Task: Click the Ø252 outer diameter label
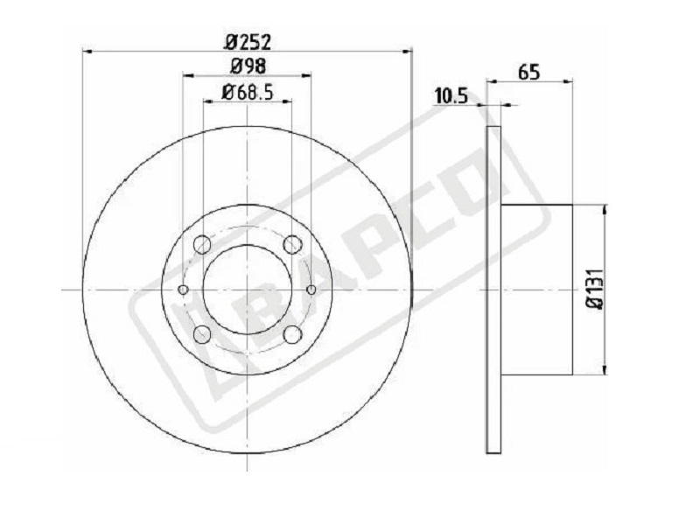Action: point(248,42)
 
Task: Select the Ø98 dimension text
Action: point(248,66)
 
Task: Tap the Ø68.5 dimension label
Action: point(247,93)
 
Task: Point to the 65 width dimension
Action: point(529,73)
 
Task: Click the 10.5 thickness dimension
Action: point(451,96)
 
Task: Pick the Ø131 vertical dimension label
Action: point(596,290)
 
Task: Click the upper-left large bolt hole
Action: point(202,244)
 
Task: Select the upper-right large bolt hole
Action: point(292,244)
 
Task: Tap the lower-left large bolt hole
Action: point(202,334)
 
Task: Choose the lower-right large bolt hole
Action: point(292,334)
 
